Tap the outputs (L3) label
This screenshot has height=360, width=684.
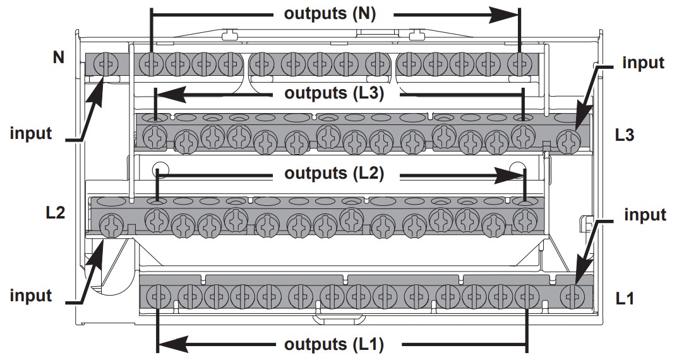tap(334, 93)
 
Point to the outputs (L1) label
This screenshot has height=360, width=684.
tap(334, 345)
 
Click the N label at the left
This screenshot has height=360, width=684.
tap(59, 58)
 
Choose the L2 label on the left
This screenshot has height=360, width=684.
tap(56, 213)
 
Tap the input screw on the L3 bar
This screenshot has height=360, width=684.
tap(569, 140)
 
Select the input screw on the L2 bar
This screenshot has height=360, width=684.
tap(111, 225)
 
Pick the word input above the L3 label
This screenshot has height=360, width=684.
tap(643, 63)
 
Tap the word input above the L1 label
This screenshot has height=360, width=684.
tap(645, 215)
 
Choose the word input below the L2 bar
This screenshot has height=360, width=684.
tap(31, 294)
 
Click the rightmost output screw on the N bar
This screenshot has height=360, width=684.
tap(520, 63)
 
